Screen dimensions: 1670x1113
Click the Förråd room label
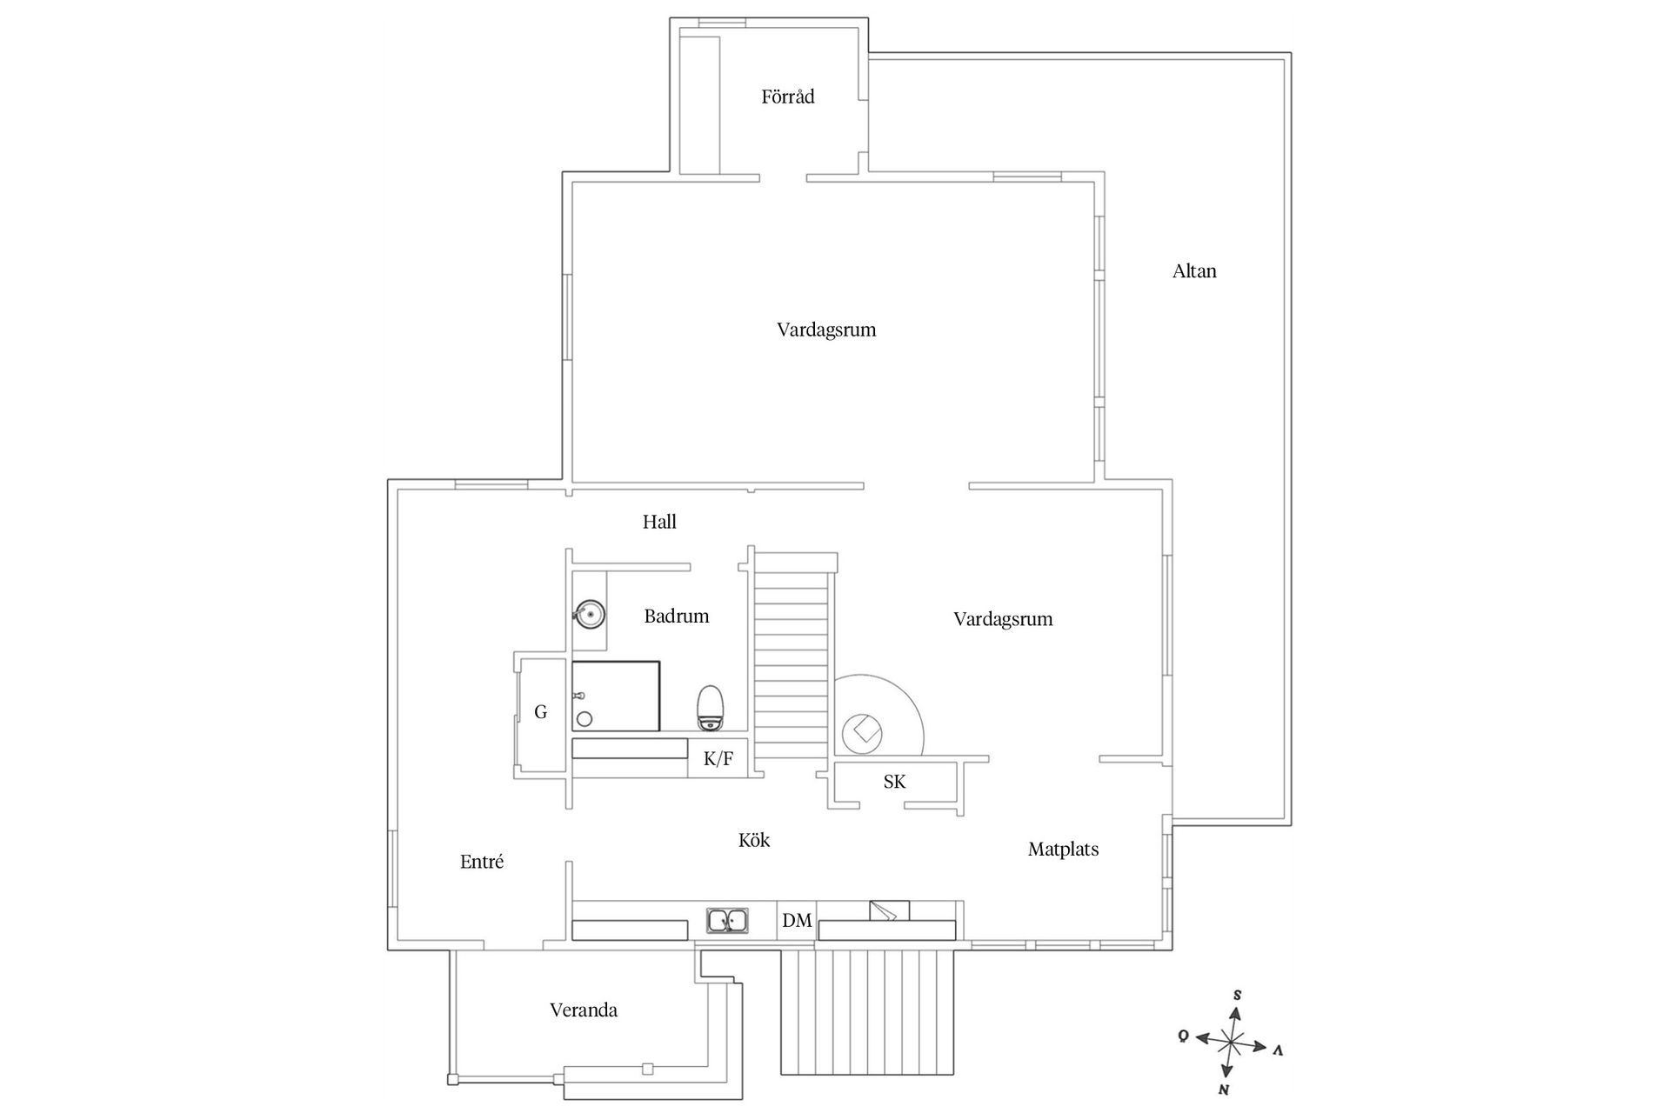coord(788,97)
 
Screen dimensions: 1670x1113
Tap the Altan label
coord(1194,270)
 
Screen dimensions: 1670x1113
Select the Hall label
coord(659,522)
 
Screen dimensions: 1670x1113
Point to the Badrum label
coord(677,616)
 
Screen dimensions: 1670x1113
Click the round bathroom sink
coord(590,615)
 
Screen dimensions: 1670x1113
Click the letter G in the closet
coord(541,712)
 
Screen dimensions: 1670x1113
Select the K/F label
coord(718,759)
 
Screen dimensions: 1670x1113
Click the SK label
coord(894,782)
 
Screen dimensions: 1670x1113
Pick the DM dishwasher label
coord(797,920)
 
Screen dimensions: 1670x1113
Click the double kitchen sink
coord(729,920)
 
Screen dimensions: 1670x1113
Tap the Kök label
coord(754,840)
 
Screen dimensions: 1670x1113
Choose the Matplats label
coord(1063,849)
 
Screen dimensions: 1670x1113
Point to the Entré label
coord(482,862)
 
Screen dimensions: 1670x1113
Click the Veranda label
coord(584,1010)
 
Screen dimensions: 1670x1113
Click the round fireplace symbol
coord(862,734)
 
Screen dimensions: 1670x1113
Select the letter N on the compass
coord(1224,1090)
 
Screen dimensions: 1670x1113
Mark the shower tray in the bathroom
coord(616,696)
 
